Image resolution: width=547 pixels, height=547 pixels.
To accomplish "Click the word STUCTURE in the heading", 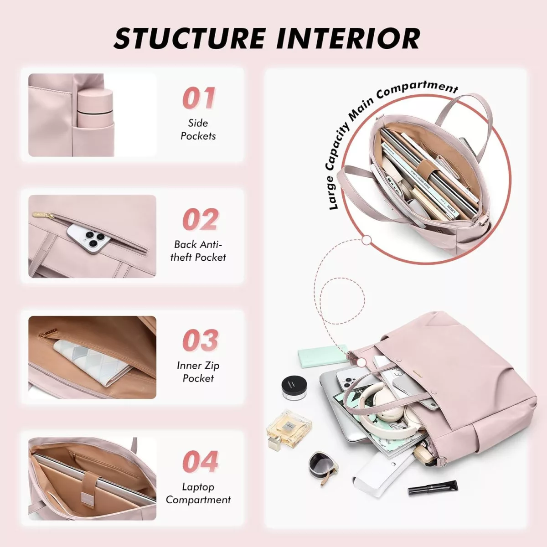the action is (189, 38).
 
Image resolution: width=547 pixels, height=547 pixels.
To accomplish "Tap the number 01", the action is (198, 98).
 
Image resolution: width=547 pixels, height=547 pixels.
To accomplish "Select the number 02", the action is (200, 219).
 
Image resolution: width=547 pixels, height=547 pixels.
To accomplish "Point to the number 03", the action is (200, 341).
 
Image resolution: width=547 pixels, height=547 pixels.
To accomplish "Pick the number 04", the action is (200, 462).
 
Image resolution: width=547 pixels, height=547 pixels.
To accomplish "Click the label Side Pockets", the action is (198, 129).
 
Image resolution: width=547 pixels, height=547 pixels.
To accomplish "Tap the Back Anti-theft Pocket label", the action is (198, 251).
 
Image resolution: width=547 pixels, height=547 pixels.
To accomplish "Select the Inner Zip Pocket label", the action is (198, 372).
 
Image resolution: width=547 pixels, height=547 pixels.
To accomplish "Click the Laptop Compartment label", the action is (198, 493).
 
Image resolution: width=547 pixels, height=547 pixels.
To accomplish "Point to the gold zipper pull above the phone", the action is (43, 215).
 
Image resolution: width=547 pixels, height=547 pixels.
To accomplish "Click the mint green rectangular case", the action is (323, 356).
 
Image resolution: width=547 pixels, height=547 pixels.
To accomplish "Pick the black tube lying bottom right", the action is (433, 488).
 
